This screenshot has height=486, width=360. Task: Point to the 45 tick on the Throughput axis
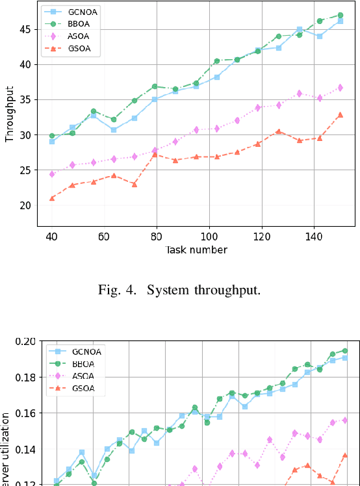pos(27,29)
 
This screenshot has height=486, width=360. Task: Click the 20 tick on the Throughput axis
pos(27,205)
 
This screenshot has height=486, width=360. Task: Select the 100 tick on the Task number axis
pos(209,237)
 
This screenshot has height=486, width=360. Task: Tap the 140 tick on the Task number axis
pos(314,237)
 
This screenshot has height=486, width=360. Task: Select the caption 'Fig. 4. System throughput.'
pos(179,290)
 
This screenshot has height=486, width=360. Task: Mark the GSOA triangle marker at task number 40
pos(52,198)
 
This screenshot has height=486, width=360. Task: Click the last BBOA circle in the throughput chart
pos(340,15)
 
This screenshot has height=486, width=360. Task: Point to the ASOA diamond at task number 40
pos(52,174)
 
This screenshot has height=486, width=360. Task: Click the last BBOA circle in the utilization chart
pos(344,350)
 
